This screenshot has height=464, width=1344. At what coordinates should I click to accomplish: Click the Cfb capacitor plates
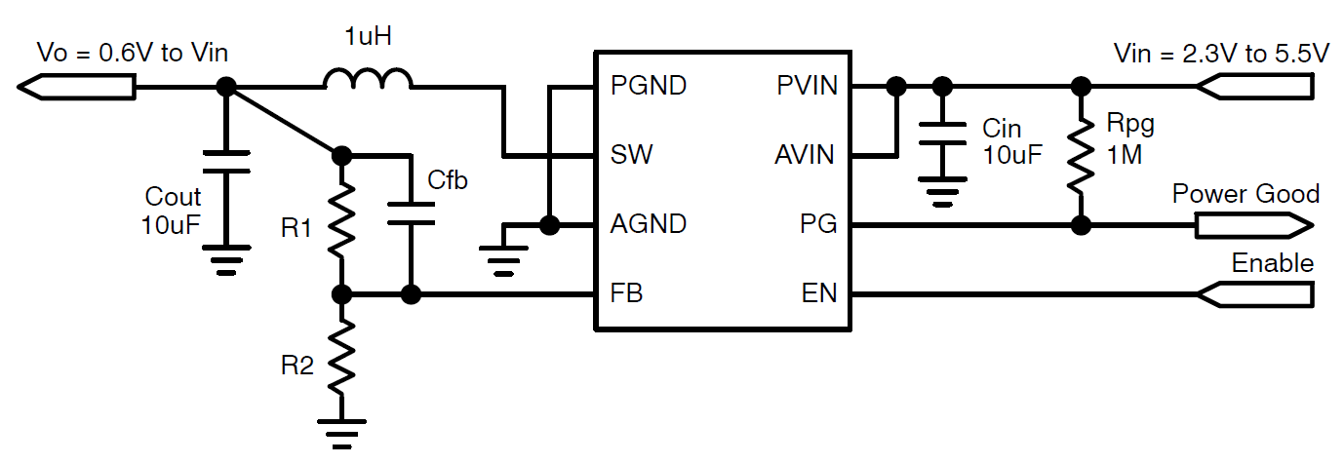coord(411,214)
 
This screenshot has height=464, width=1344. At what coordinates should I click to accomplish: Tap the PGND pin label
coord(649,86)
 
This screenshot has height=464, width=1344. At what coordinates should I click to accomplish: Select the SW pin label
coord(631,155)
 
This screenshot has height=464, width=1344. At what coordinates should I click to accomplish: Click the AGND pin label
coord(649,225)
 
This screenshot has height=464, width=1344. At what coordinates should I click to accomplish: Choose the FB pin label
coord(626,293)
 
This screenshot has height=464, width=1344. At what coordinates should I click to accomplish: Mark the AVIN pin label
coord(804,155)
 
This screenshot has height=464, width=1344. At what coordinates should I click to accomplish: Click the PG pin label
coord(818,225)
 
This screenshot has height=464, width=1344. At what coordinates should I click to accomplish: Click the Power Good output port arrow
coord(1253,226)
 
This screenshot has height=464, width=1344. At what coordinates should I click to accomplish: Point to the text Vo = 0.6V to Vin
coord(133,53)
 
